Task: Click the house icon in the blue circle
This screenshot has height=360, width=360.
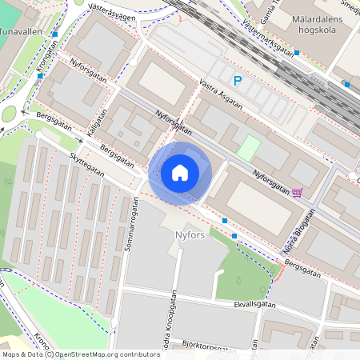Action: [180, 173]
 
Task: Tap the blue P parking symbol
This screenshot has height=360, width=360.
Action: [237, 80]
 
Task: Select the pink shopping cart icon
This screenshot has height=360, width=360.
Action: [298, 192]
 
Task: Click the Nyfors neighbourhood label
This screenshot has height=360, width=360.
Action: [191, 234]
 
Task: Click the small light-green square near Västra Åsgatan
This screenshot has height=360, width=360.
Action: [249, 147]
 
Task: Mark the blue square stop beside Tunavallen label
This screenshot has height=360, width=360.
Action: [54, 34]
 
